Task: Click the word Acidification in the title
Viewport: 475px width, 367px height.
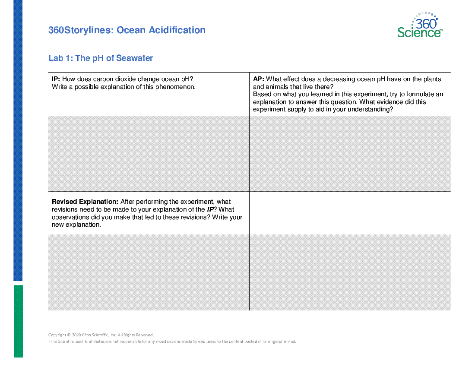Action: tap(177, 30)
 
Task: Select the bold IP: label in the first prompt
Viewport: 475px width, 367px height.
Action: tap(56, 79)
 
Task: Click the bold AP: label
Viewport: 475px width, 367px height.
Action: tap(258, 79)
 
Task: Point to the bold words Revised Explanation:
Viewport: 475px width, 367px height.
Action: tap(85, 202)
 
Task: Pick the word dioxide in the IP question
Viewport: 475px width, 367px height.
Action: tap(123, 79)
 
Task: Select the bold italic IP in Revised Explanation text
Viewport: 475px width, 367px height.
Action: tap(211, 209)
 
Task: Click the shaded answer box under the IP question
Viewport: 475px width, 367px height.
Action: tap(148, 153)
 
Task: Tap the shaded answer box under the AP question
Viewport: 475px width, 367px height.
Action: tap(350, 153)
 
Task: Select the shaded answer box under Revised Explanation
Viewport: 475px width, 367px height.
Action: tap(148, 272)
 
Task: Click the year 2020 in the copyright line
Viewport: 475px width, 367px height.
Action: tap(77, 335)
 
